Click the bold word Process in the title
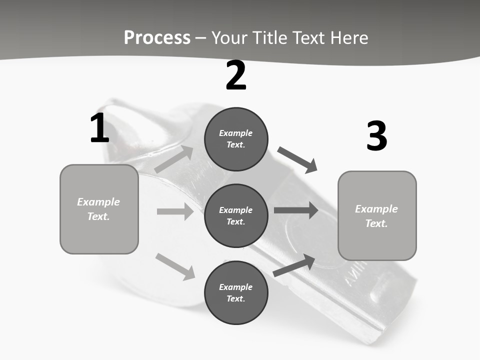(x=157, y=38)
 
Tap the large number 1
(x=99, y=128)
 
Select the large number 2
(x=236, y=75)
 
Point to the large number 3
(x=376, y=136)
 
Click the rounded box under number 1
(x=99, y=209)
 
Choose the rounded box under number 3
(x=377, y=215)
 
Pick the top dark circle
(x=236, y=139)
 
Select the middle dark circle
(x=236, y=215)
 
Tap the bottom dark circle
(x=236, y=292)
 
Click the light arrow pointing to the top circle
(x=173, y=159)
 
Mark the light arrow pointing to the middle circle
(x=174, y=211)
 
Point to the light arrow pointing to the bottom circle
(x=175, y=266)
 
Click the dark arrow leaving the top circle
(x=297, y=159)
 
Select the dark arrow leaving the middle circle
(x=295, y=210)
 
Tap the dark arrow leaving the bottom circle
(x=294, y=265)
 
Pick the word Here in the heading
(x=349, y=38)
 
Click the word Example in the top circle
(x=235, y=133)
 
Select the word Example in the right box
(x=376, y=209)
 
